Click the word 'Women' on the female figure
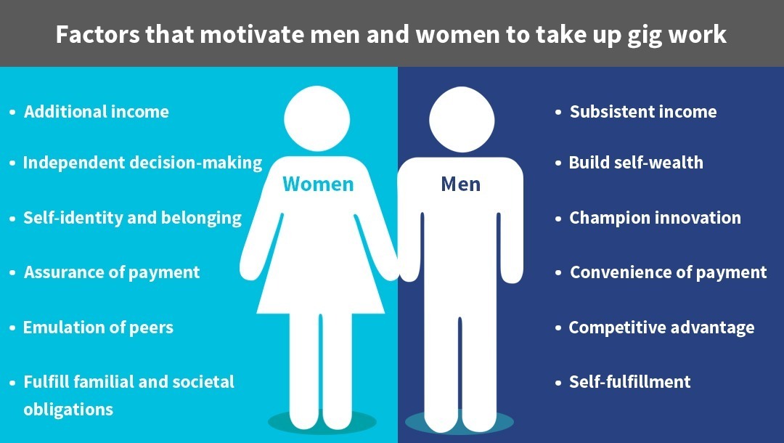coord(318,184)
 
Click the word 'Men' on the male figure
coord(460,184)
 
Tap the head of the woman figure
coord(317,119)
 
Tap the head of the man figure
coord(462,120)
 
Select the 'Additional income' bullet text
coord(97,112)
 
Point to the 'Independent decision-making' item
coord(142,163)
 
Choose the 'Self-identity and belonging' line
coord(133,218)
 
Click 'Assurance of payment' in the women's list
coord(112,272)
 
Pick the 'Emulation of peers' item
coord(99,328)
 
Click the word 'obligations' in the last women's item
coord(68,410)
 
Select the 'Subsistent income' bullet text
coord(643,112)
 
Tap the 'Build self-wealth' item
coord(636,163)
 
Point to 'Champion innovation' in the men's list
coord(655,217)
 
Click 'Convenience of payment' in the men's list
coord(669,272)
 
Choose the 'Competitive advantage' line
coord(661,328)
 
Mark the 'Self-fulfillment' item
coord(630,382)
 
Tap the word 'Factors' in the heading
coord(97,35)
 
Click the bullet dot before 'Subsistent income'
coord(558,113)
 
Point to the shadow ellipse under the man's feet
coord(459,423)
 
